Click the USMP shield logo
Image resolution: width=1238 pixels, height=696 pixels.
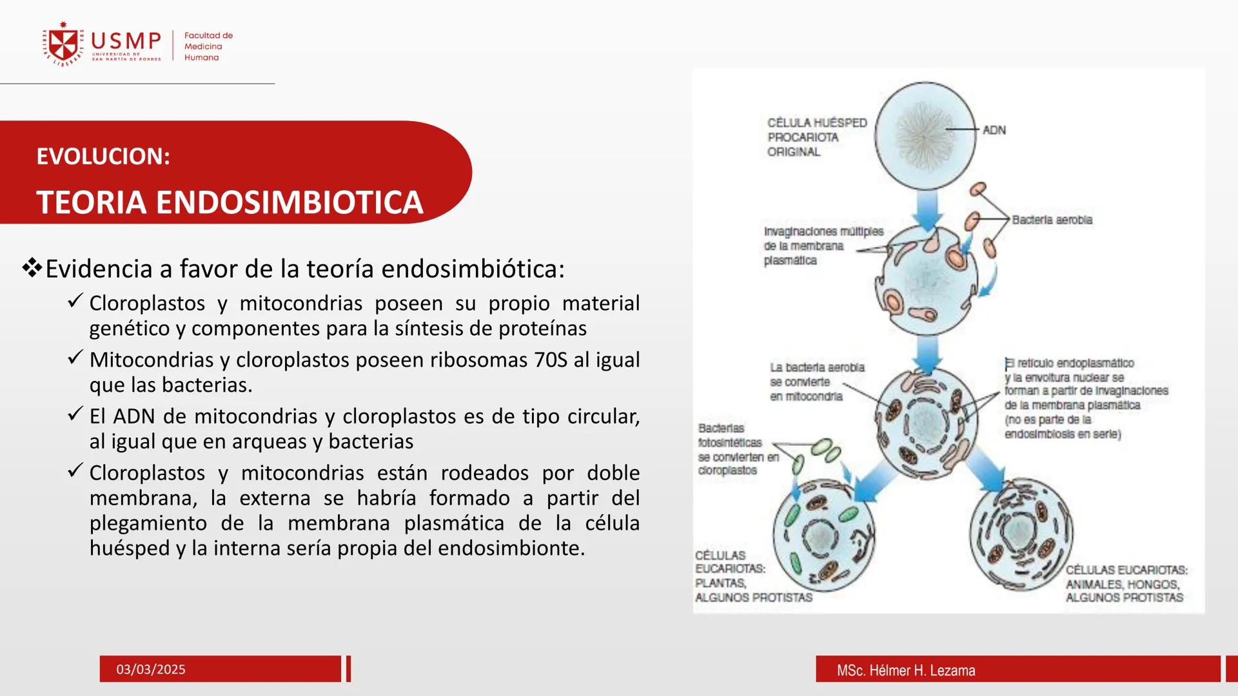[x=63, y=44]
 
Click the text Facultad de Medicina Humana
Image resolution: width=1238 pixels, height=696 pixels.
[x=208, y=46]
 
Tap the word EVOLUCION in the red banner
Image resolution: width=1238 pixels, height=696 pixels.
[x=103, y=157]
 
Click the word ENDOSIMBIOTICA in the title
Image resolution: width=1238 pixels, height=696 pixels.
[x=289, y=202]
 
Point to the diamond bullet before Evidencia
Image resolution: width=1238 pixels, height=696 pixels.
[x=32, y=267]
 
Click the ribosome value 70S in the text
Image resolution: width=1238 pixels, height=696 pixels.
[x=551, y=360]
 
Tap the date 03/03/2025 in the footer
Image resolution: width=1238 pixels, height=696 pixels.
[x=150, y=670]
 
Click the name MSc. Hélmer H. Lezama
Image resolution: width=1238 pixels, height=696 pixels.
[x=905, y=671]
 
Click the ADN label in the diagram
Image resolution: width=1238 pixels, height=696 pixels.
[x=994, y=130]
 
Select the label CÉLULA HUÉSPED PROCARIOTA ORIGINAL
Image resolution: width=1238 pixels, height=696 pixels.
[x=816, y=137]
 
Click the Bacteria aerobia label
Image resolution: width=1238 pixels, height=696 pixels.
[x=1052, y=220]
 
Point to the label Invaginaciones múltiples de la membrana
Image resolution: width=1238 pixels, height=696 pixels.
[x=823, y=246]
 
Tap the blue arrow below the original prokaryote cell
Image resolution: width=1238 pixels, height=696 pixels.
[x=927, y=210]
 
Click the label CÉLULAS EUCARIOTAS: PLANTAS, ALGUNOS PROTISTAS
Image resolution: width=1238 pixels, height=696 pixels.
[x=752, y=577]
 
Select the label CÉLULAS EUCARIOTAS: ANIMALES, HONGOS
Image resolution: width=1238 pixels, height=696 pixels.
[x=1125, y=584]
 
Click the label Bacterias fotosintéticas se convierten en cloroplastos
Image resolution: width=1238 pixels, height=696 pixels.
[x=738, y=450]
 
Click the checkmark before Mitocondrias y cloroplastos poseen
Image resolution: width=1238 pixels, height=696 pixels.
[x=75, y=357]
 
